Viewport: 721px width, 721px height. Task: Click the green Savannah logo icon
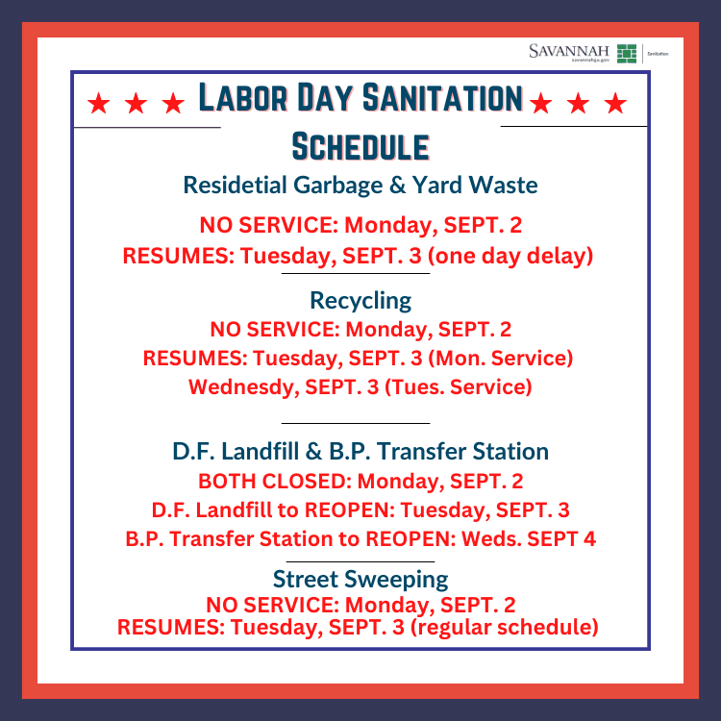(x=627, y=53)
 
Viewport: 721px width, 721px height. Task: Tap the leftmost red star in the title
(x=97, y=103)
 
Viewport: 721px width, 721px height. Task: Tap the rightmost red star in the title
(x=616, y=103)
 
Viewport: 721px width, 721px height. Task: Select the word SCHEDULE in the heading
(x=360, y=147)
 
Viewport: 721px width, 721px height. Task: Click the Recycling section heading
(x=360, y=300)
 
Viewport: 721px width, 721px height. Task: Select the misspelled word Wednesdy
(x=236, y=388)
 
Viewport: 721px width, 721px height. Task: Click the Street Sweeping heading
(x=360, y=579)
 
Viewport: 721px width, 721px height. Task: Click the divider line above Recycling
(x=356, y=274)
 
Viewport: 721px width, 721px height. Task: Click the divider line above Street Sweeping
(x=360, y=560)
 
